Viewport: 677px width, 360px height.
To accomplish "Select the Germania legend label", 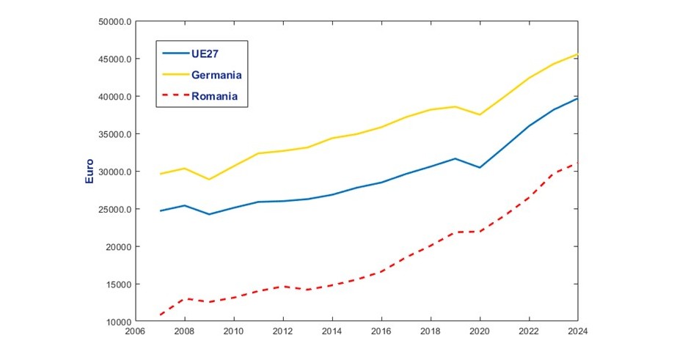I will point(216,75).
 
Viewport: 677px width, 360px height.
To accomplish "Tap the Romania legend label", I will point(214,95).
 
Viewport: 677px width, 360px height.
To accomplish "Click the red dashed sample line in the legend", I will point(174,95).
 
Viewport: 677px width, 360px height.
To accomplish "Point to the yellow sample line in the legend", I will point(174,74).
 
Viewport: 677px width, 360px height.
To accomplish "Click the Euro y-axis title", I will point(90,171).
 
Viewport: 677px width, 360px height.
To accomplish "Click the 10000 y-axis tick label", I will point(117,322).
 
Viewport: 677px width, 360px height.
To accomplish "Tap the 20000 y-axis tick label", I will point(117,247).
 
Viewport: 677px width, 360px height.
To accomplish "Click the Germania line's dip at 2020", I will point(480,114).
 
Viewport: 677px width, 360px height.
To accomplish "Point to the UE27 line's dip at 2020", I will point(480,168).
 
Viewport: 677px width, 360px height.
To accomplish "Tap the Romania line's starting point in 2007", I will point(160,315).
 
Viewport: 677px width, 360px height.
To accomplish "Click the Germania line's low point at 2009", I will point(209,180).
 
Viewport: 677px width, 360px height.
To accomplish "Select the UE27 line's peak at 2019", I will point(455,158).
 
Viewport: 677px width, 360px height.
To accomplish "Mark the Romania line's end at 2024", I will point(578,163).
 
